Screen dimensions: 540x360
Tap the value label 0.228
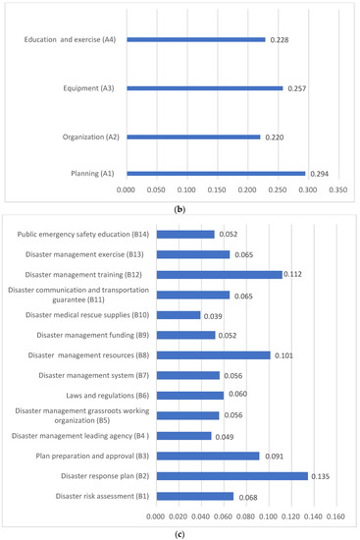tap(281, 40)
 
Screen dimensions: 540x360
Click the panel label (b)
tap(180, 207)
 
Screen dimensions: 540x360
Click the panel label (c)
tap(180, 532)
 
